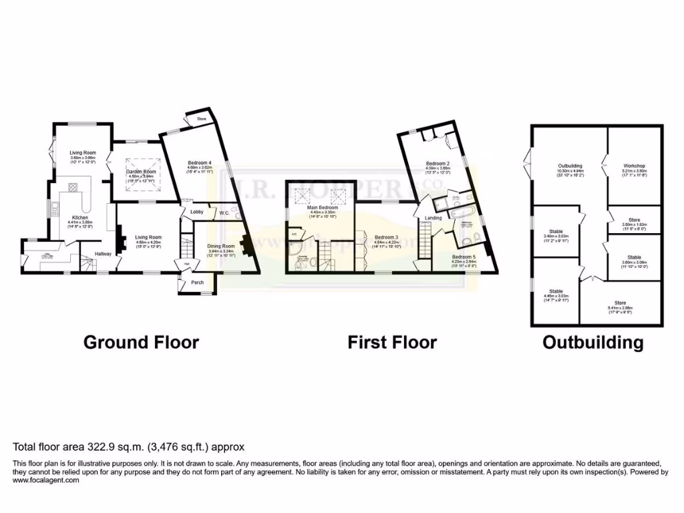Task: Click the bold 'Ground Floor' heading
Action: pyautogui.click(x=141, y=343)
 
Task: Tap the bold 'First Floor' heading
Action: pyautogui.click(x=391, y=343)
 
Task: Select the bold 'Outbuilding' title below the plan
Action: pyautogui.click(x=592, y=343)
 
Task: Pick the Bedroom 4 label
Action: pyautogui.click(x=199, y=163)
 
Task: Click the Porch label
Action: pyautogui.click(x=197, y=282)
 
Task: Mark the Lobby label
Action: pyautogui.click(x=197, y=212)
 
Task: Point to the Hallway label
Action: pyautogui.click(x=102, y=254)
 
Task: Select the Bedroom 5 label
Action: pyautogui.click(x=464, y=257)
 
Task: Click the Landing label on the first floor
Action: pyautogui.click(x=433, y=218)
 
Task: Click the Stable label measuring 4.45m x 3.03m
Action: pyautogui.click(x=556, y=291)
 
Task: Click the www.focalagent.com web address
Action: pyautogui.click(x=46, y=480)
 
